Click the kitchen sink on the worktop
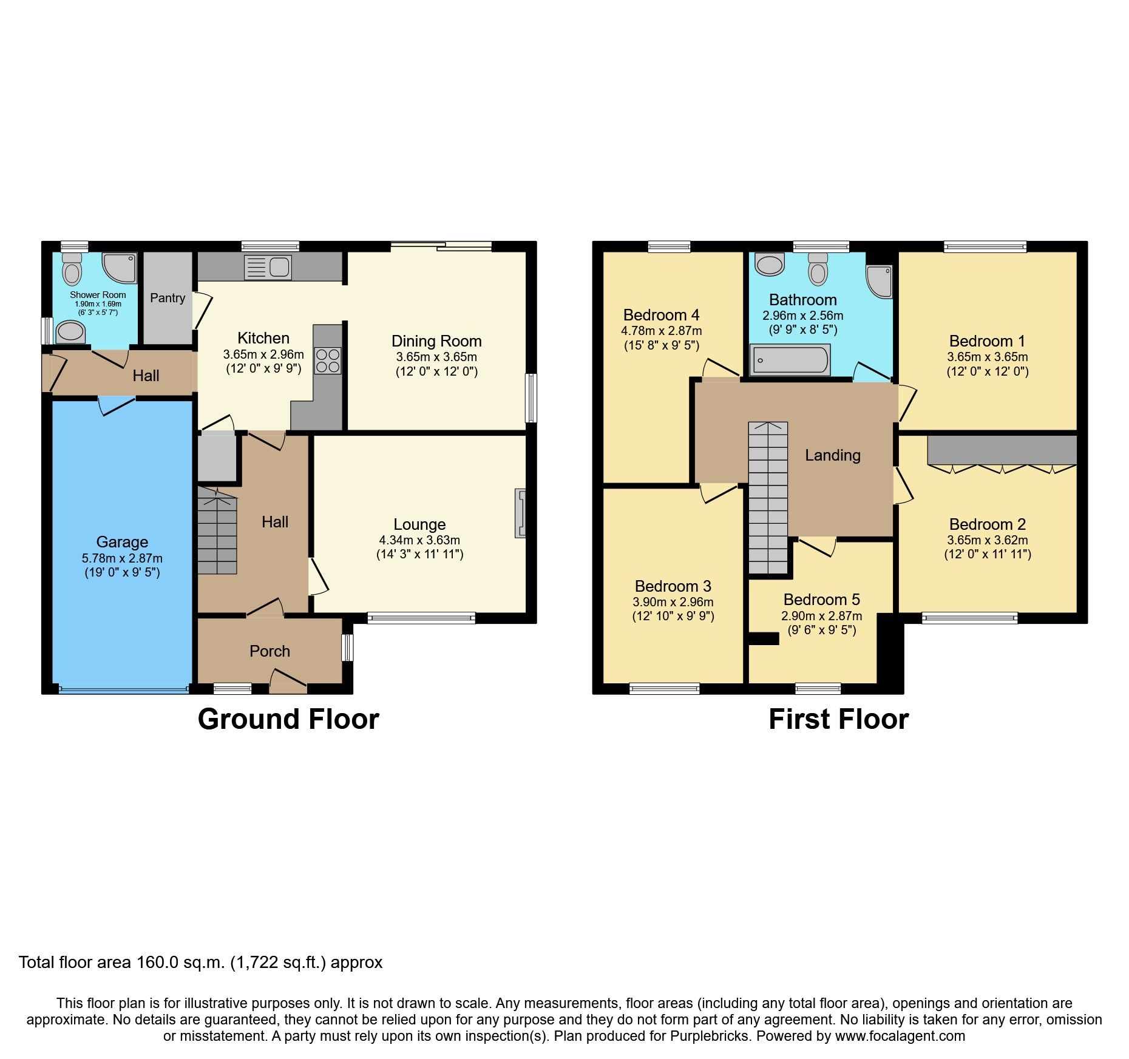(x=268, y=267)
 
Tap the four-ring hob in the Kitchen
(x=327, y=360)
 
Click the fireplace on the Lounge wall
(x=520, y=513)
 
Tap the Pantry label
(x=168, y=298)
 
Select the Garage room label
(x=122, y=542)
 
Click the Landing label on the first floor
(x=832, y=455)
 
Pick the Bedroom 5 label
(x=821, y=600)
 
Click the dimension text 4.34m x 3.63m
(x=419, y=540)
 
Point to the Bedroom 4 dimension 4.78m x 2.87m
(x=661, y=331)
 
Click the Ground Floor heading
(x=288, y=719)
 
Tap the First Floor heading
(x=838, y=719)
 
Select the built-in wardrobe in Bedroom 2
(x=1002, y=450)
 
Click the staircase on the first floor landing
(x=768, y=498)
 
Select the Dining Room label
(x=436, y=341)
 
